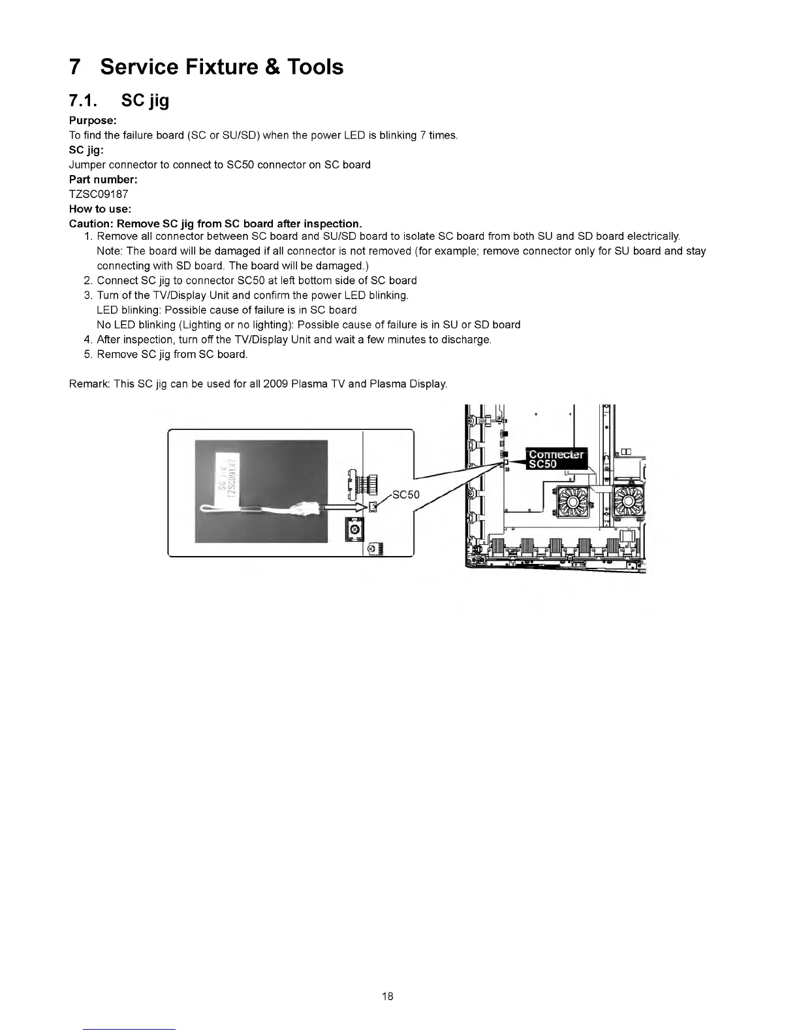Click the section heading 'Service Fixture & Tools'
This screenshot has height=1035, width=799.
pos(222,67)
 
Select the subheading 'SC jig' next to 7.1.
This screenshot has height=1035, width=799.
pos(145,101)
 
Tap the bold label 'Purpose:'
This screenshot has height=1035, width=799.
pos(93,121)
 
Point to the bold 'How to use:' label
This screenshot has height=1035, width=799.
pos(100,209)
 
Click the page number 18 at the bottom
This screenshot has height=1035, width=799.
pos(388,996)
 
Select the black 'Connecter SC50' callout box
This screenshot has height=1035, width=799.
pos(556,459)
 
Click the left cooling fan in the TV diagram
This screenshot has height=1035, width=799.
pos(573,502)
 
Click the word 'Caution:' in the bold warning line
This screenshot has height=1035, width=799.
pos(89,224)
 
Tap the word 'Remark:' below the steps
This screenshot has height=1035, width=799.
pos(89,384)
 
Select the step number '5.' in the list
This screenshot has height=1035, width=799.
pos(89,354)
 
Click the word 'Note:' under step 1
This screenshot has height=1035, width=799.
pos(110,251)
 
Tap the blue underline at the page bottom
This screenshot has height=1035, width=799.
pos(129,1029)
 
